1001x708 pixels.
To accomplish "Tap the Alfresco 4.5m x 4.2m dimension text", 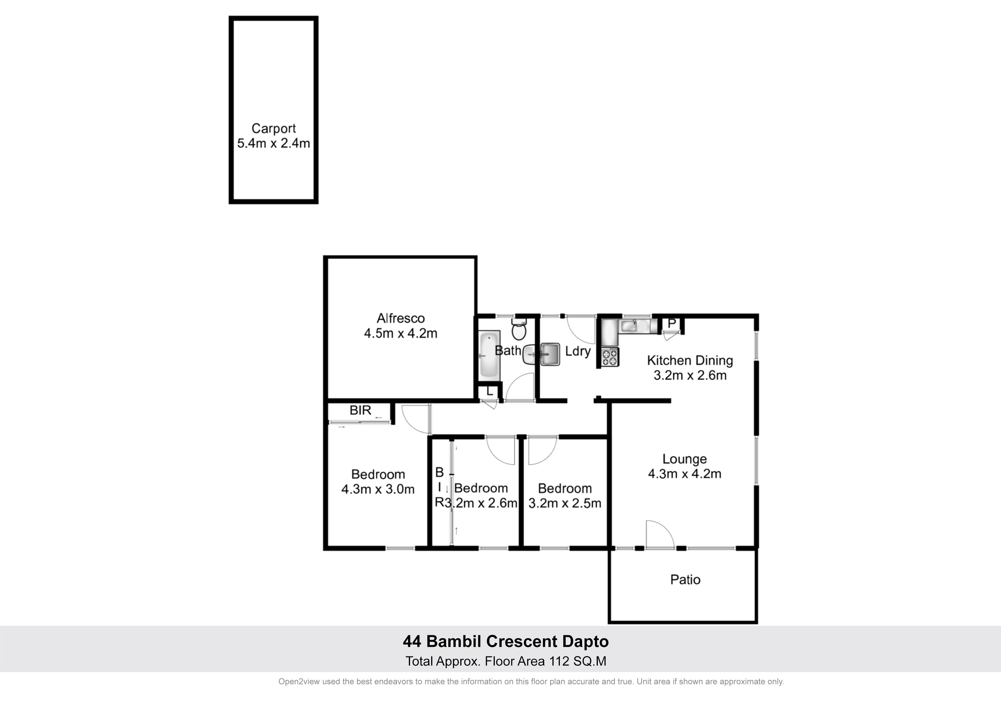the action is [x=401, y=333].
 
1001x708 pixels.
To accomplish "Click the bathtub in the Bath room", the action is [x=489, y=355].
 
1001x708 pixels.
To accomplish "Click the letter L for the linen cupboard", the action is [x=490, y=391].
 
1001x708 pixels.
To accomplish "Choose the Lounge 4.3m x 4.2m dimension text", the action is [x=685, y=474].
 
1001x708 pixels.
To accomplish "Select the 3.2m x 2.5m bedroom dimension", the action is [x=565, y=503].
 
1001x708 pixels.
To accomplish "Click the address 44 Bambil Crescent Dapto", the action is [x=506, y=641].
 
